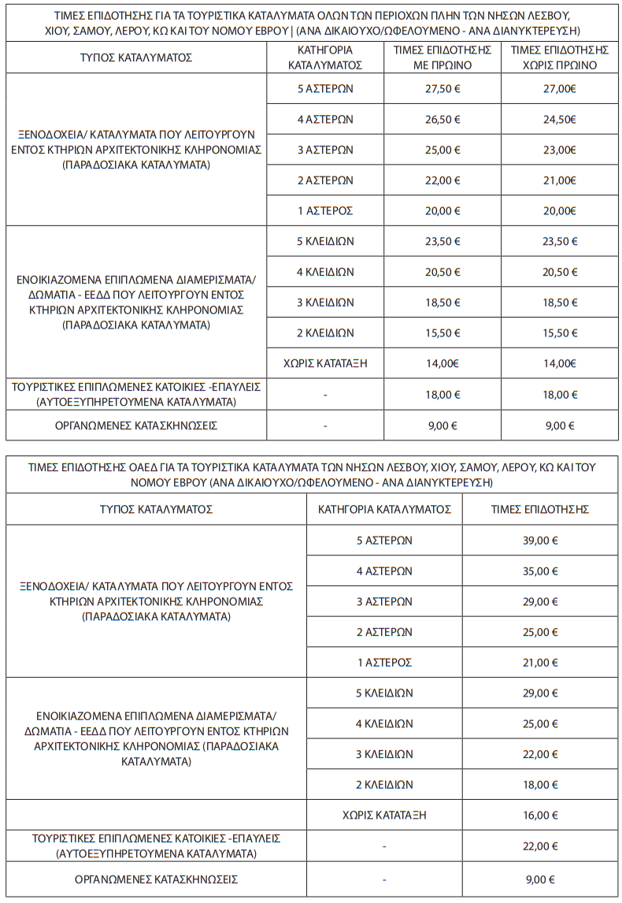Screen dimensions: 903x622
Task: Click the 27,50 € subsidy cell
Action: tap(442, 89)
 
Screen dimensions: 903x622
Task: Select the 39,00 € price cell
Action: tap(541, 541)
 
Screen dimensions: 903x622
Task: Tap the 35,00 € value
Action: tap(541, 571)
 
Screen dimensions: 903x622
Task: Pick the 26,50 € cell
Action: tap(442, 120)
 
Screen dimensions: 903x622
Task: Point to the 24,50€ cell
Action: tap(560, 120)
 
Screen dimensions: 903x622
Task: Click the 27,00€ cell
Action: tap(560, 89)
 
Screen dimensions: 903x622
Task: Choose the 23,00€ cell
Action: tap(560, 150)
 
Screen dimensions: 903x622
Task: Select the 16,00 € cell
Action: tap(541, 815)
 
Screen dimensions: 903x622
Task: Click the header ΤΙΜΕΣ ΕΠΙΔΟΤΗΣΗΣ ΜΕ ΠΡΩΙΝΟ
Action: tap(442, 58)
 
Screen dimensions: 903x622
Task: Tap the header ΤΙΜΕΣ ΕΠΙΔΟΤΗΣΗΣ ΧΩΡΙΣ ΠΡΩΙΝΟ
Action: tap(560, 58)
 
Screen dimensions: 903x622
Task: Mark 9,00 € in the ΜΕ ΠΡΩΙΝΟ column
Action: tap(442, 425)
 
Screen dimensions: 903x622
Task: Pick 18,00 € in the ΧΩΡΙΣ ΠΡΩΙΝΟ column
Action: tap(560, 394)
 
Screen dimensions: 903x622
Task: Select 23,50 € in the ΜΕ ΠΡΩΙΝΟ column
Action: tap(442, 242)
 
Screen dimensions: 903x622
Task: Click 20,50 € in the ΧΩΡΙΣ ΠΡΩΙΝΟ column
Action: tap(560, 272)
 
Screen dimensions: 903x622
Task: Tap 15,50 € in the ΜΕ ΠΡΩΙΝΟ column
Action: tap(442, 333)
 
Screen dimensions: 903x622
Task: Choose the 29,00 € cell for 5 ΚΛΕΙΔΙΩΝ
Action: tap(541, 693)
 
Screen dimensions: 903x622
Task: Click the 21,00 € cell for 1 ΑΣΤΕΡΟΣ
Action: tap(541, 663)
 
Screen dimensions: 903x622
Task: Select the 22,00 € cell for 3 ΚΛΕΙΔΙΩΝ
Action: tap(541, 754)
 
